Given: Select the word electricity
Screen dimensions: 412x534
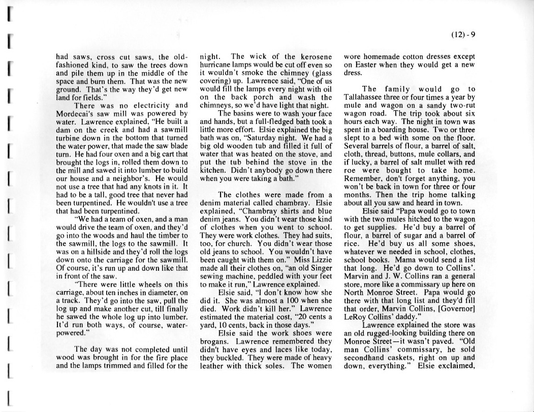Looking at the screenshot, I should [x=147, y=105].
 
